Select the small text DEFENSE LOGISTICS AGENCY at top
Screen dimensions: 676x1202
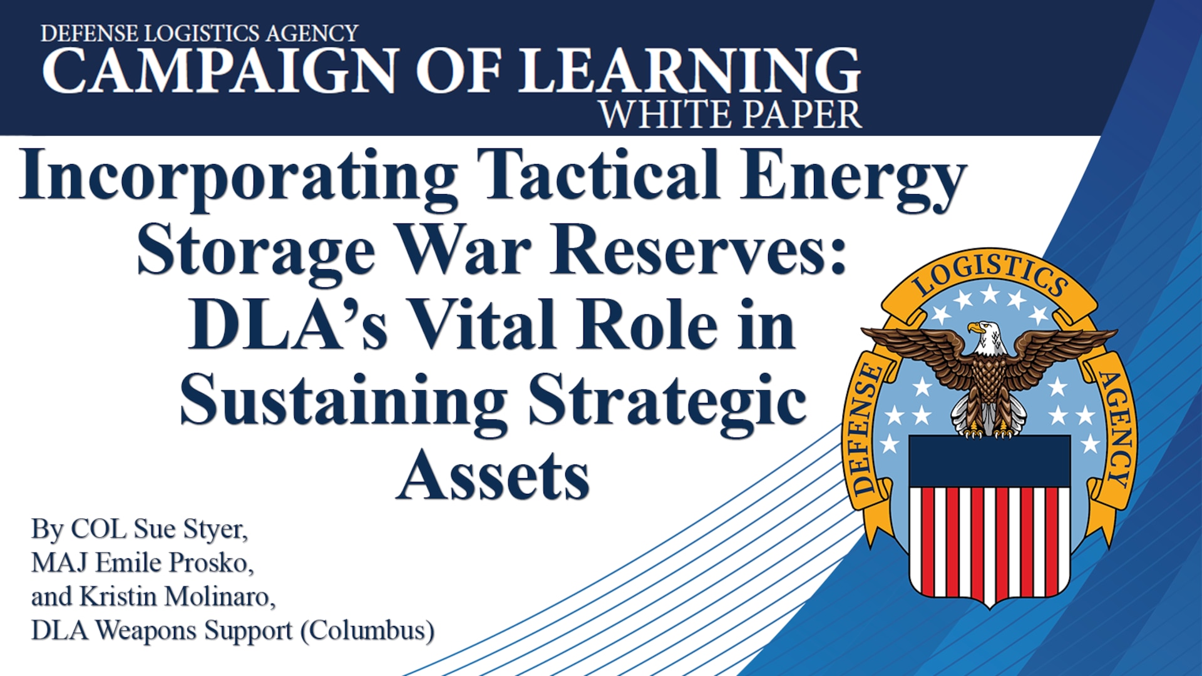199,33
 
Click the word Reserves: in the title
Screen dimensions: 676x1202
699,250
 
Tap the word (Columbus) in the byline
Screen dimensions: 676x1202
367,631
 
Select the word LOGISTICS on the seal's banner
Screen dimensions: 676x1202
990,274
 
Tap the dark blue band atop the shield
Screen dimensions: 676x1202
990,461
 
